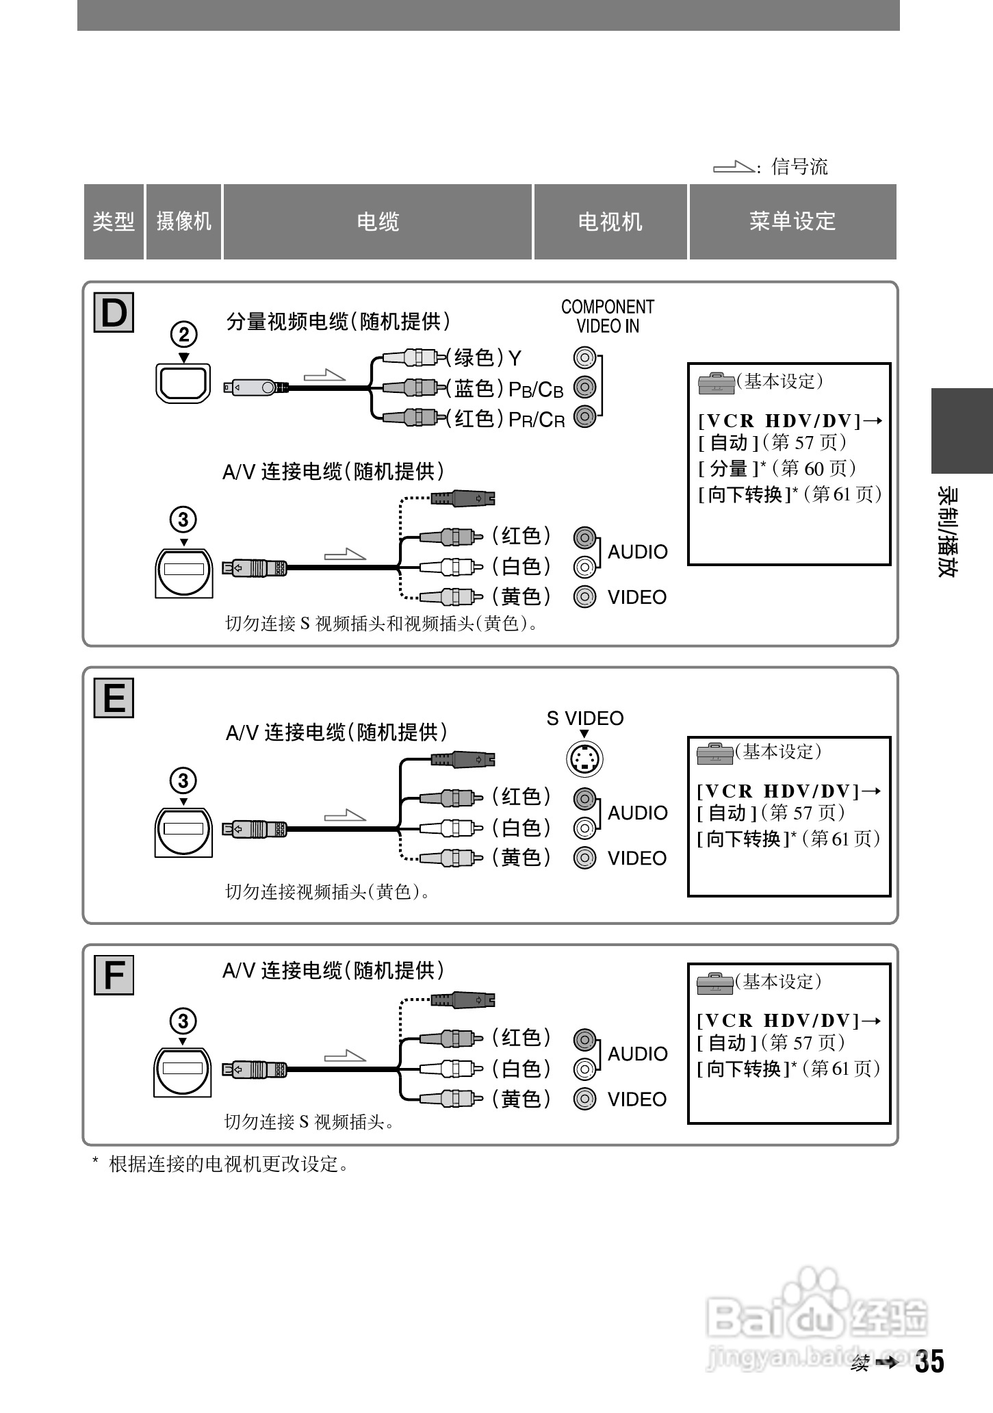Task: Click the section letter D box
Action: pos(114,313)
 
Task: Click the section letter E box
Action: pos(114,698)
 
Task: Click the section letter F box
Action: pos(114,975)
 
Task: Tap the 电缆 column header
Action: pos(378,222)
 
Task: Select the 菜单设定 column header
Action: pos(792,222)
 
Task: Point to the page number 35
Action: pos(929,1362)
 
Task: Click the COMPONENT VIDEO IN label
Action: pos(608,316)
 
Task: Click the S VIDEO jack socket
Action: pos(584,759)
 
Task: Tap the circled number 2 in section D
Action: pos(183,335)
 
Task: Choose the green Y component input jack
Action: pos(584,357)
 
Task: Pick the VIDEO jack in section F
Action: pos(584,1099)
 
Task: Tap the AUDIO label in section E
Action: pos(637,813)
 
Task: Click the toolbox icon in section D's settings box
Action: pos(716,383)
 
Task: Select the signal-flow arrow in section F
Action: pos(345,1056)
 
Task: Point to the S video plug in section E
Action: pos(463,759)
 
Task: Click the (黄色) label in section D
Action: pos(521,596)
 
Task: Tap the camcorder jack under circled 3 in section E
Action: pos(183,830)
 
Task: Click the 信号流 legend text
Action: pos(799,166)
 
